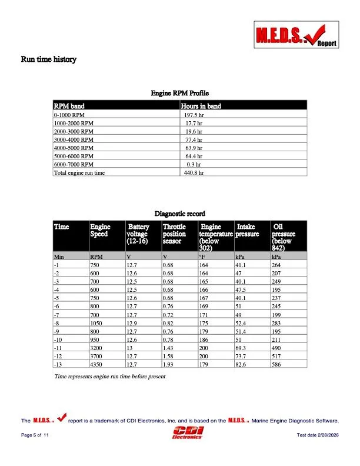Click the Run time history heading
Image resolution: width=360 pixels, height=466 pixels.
(49, 59)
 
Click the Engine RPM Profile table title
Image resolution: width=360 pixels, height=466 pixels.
(180, 94)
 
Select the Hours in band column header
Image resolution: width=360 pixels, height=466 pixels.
(201, 106)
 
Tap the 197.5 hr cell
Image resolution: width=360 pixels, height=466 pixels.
(194, 116)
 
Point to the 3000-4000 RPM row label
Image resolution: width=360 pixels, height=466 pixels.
(74, 141)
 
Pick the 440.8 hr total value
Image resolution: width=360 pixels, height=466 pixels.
(194, 174)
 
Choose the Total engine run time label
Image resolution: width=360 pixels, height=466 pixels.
(79, 174)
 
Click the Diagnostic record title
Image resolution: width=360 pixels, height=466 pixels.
(180, 213)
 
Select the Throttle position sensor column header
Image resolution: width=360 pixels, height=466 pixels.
(174, 234)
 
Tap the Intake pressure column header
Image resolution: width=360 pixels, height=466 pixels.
(247, 230)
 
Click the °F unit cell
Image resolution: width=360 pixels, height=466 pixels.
(203, 257)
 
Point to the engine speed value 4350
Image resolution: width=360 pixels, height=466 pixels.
(97, 365)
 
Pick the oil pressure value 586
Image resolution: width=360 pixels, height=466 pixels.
(276, 365)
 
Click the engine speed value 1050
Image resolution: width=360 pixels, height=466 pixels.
(97, 323)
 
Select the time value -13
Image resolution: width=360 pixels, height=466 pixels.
(58, 365)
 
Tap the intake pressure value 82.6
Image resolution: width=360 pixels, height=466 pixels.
(241, 365)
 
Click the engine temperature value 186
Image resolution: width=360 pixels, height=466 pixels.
(204, 340)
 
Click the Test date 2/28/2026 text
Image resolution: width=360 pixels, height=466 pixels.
(318, 434)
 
